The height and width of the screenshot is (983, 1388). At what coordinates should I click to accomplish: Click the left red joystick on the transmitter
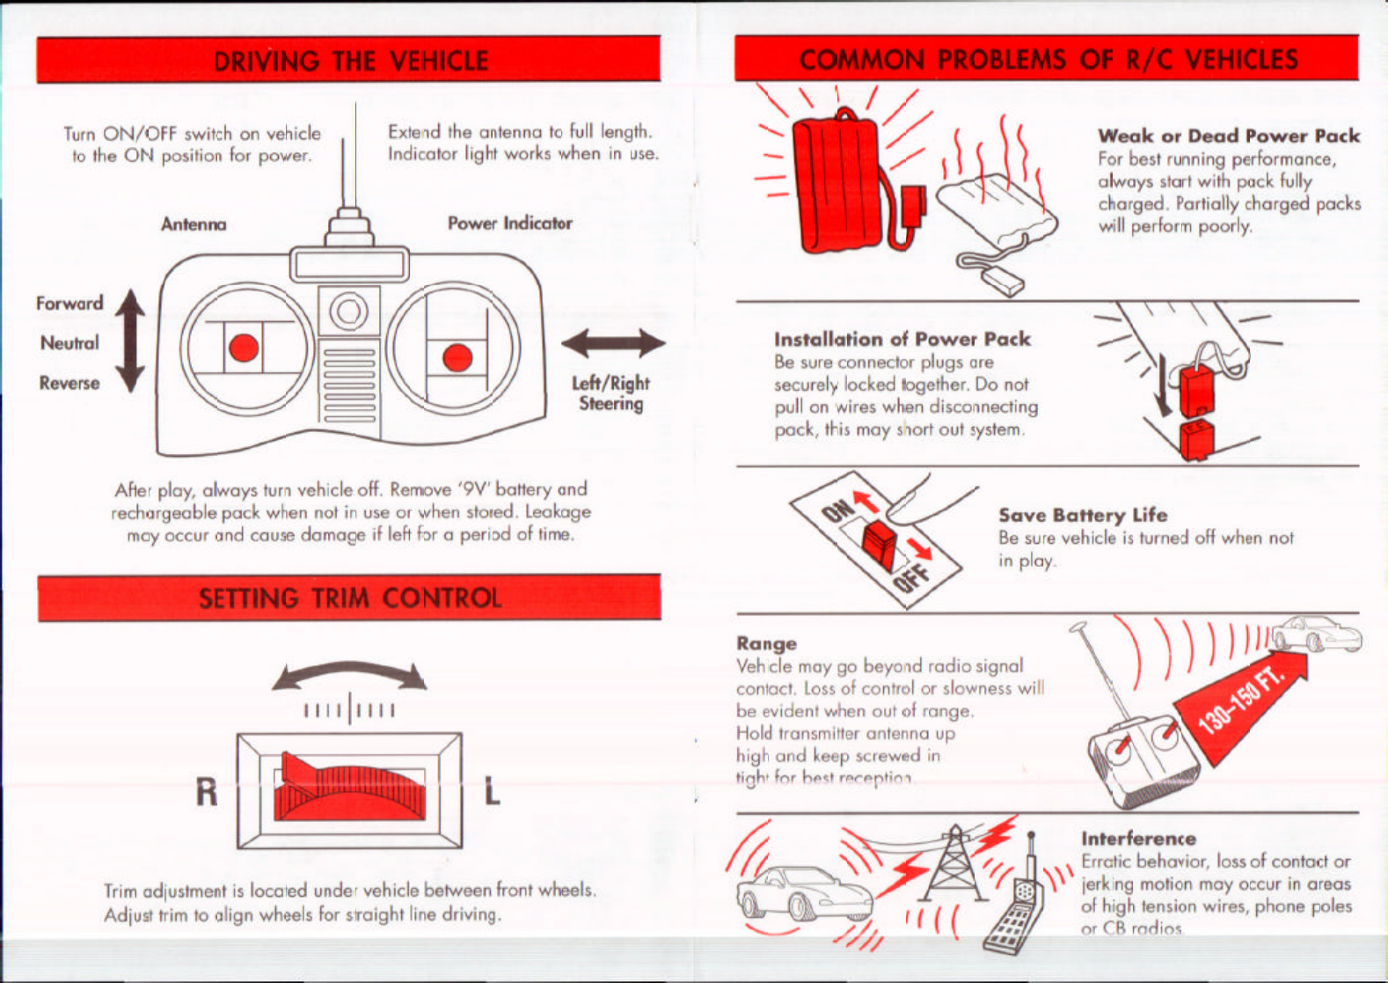point(244,348)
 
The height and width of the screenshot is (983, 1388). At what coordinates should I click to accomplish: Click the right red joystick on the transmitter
point(457,357)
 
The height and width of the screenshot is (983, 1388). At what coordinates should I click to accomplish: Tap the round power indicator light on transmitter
point(349,311)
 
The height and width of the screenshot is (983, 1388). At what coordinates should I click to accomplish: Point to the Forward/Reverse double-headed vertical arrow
point(130,341)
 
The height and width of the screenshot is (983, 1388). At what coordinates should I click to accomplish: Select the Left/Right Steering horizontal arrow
point(613,343)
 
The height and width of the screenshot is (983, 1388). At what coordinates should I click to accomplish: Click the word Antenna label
point(194,224)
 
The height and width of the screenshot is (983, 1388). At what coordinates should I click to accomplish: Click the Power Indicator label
point(510,224)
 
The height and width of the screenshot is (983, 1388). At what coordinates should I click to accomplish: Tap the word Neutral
point(69,343)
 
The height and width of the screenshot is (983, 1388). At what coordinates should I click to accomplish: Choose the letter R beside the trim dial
point(207,792)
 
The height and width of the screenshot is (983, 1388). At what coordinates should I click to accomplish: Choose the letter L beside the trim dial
point(493,792)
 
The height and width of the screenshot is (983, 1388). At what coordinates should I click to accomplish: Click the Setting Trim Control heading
point(349,598)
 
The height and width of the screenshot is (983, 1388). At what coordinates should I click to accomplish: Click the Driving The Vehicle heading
point(350,61)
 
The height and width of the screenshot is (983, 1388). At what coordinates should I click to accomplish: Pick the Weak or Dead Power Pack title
point(1229,136)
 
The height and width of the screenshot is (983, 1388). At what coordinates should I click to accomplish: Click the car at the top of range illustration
point(1317,634)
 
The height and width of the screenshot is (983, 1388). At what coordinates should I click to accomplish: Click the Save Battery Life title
point(1083,515)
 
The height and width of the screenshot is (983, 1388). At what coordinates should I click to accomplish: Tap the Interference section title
point(1138,839)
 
